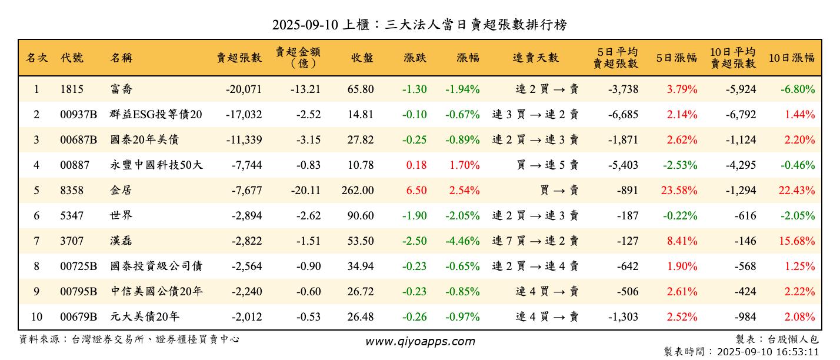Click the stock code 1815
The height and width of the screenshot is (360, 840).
(x=72, y=89)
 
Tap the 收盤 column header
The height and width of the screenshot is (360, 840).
(x=362, y=58)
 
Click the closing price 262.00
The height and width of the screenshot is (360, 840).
(x=357, y=191)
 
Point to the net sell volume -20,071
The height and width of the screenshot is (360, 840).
(x=244, y=89)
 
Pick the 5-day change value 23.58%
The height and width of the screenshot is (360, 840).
(x=682, y=191)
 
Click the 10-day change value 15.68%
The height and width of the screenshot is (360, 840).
(x=799, y=241)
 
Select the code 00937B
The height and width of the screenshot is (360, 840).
(x=78, y=115)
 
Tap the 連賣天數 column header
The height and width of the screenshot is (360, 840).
(x=535, y=58)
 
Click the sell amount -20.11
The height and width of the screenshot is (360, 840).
(x=305, y=191)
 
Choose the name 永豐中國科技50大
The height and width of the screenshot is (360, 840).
(x=156, y=165)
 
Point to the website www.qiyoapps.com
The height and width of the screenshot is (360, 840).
(x=420, y=341)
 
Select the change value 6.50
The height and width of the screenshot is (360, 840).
(x=416, y=191)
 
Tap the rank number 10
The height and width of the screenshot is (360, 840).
(x=36, y=317)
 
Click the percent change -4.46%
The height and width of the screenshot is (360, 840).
(x=462, y=241)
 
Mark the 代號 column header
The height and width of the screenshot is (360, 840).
(x=72, y=58)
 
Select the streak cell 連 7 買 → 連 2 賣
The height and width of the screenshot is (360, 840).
(x=535, y=241)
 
